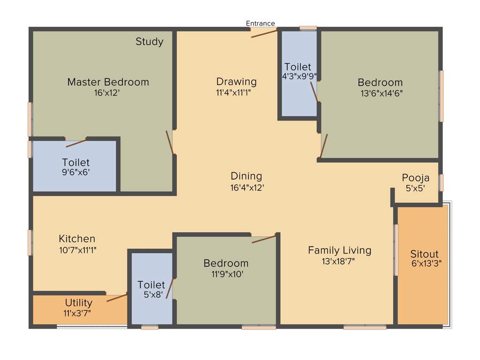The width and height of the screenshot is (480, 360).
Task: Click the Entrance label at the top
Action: click(260, 23)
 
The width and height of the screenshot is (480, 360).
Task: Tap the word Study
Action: click(150, 42)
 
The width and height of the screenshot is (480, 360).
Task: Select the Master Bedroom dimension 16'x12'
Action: click(108, 93)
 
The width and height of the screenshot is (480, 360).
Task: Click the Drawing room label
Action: click(236, 82)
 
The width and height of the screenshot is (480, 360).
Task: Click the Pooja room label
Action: click(415, 178)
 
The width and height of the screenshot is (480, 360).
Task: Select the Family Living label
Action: click(339, 250)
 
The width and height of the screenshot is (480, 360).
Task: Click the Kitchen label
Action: click(77, 239)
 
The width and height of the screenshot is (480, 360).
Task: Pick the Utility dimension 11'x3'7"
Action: click(77, 313)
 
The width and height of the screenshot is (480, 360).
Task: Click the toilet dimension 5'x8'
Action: click(151, 295)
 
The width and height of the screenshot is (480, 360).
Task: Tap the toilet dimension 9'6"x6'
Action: click(75, 172)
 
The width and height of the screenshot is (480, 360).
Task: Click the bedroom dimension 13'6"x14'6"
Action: click(380, 93)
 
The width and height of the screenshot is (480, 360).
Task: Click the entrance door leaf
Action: click(264, 33)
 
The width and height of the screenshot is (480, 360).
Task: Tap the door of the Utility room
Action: click(117, 297)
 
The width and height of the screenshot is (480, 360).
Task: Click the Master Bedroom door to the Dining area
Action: click(171, 142)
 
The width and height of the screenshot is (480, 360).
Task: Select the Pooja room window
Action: click(441, 182)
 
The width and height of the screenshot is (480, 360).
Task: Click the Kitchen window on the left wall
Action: click(30, 242)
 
